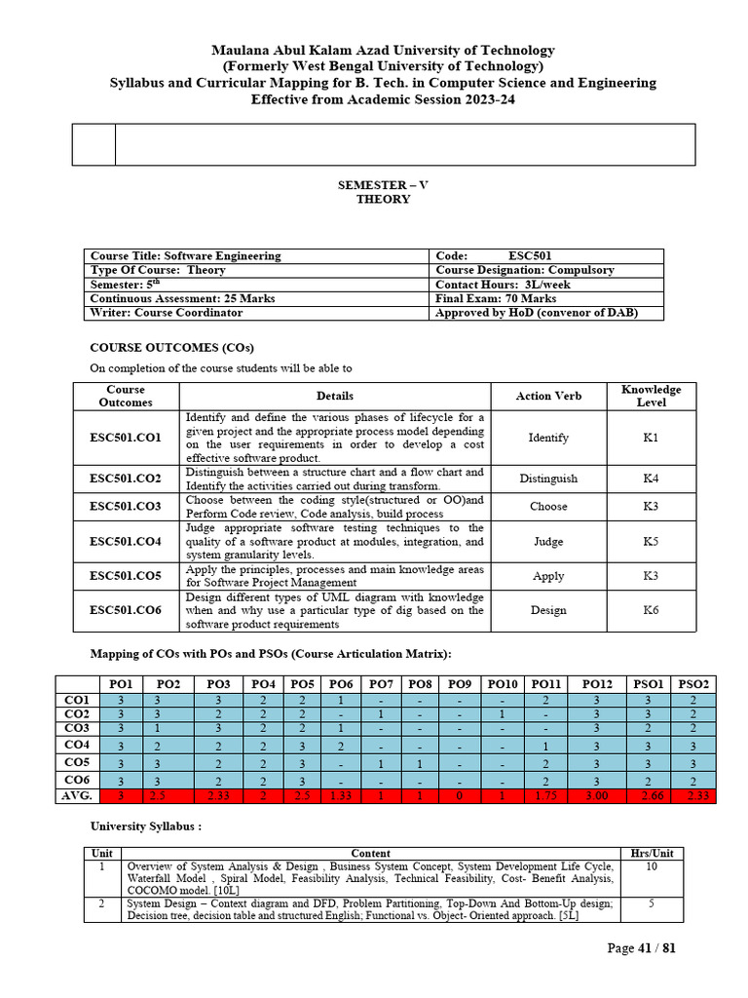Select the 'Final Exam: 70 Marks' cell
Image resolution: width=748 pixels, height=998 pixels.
click(x=496, y=298)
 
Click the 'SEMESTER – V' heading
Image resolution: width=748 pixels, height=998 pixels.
click(x=383, y=184)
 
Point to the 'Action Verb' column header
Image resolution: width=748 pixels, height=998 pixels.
click(x=548, y=396)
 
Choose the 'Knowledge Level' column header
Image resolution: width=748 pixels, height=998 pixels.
click(x=651, y=396)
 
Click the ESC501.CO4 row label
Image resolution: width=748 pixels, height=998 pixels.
click(x=126, y=541)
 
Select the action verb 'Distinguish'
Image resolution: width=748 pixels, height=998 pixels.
click(x=548, y=479)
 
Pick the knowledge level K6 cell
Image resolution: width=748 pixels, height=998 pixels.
click(x=651, y=610)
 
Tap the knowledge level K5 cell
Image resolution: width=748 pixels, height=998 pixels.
click(x=651, y=541)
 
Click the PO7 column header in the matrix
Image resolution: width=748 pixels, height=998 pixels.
click(x=382, y=684)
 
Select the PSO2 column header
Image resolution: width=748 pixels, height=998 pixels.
click(x=694, y=684)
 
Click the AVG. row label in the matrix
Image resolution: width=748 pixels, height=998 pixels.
click(x=77, y=796)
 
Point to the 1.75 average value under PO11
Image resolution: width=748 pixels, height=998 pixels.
click(x=546, y=796)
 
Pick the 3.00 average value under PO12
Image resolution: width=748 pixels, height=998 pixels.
click(x=596, y=796)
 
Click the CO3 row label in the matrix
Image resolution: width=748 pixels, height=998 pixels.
click(x=77, y=727)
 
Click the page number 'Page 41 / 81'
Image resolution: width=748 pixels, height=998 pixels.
click(x=641, y=948)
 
